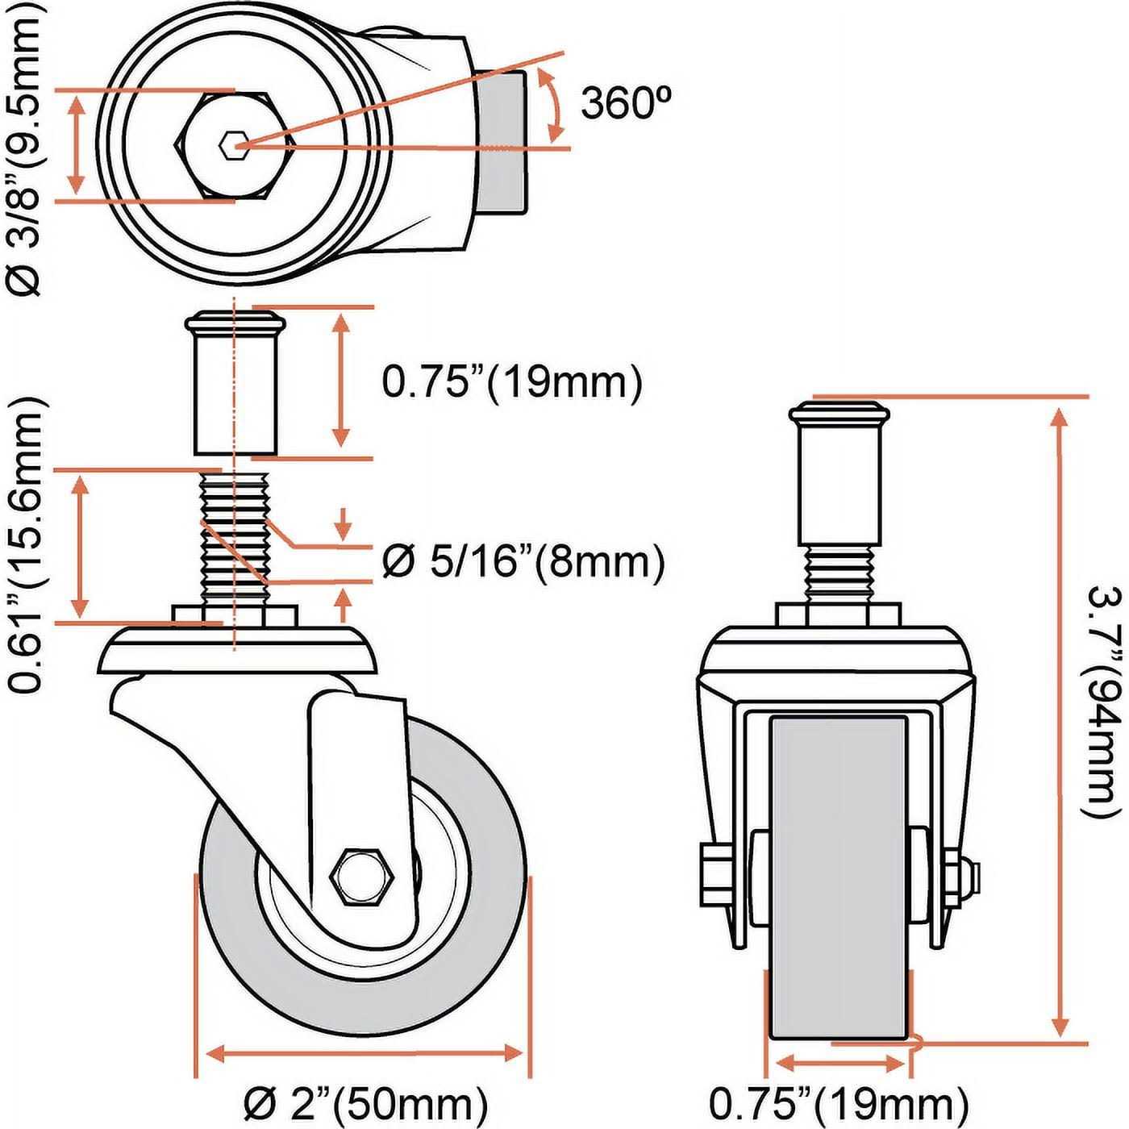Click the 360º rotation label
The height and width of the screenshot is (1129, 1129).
[x=625, y=102]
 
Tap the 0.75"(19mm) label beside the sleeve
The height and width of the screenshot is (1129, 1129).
[x=512, y=382]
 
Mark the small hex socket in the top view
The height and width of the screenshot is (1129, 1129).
[x=231, y=146]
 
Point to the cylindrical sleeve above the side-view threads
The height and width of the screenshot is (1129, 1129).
[x=234, y=395]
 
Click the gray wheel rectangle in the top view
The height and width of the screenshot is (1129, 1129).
[x=504, y=145]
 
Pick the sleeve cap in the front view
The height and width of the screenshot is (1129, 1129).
[x=839, y=415]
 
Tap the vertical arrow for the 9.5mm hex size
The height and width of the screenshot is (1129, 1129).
[x=77, y=145]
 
